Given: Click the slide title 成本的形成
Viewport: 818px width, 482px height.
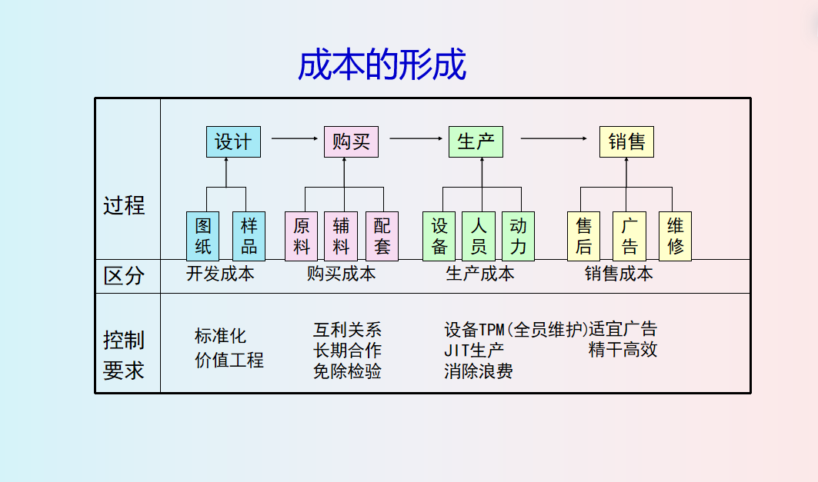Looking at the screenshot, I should (382, 65).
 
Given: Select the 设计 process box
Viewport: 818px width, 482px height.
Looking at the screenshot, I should (233, 142).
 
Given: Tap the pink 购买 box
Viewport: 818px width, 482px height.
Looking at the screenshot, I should (351, 142).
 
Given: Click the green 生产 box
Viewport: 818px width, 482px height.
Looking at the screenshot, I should (476, 142).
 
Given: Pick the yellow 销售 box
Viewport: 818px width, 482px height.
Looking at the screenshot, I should (626, 142).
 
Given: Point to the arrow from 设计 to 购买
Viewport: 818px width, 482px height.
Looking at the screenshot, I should (295, 138).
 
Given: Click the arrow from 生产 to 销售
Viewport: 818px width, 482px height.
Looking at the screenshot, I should (553, 138).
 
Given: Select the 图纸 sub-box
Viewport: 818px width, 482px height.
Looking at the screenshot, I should (202, 236).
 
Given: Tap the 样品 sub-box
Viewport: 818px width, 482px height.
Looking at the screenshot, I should (249, 236).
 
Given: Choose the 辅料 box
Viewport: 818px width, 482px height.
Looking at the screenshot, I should (341, 236).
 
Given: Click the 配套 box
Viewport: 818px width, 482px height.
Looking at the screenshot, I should (382, 236).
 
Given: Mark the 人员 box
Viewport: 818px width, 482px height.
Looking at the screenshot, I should (479, 236).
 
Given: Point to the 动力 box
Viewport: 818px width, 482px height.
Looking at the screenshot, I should (518, 236).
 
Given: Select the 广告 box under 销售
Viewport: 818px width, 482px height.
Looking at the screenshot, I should (629, 236).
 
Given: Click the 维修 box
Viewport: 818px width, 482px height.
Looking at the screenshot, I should (675, 236).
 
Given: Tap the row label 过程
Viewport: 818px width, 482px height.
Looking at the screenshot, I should (125, 205).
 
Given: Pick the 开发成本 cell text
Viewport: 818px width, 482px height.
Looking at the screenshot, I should (220, 274).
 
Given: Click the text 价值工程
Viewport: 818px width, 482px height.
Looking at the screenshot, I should (229, 360).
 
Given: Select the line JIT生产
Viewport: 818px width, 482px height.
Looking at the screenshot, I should (474, 351).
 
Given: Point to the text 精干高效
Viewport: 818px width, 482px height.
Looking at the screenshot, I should (623, 351).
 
